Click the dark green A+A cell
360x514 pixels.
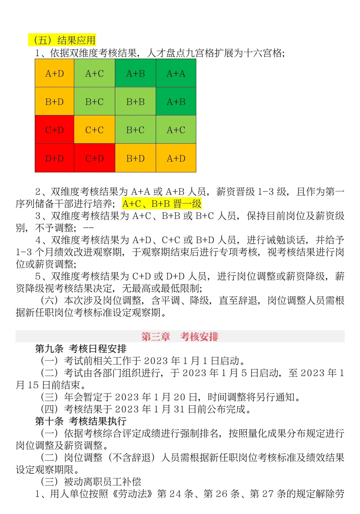point(176,73)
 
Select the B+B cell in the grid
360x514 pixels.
point(135,102)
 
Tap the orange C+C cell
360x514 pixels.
point(94,130)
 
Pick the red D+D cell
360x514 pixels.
point(54,158)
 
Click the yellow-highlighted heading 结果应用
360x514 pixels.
point(76,40)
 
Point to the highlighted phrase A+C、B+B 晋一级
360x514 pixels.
point(162,204)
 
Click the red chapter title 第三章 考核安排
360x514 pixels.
point(180,336)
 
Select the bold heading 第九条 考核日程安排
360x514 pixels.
point(81,349)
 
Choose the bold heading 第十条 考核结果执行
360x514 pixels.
point(81,421)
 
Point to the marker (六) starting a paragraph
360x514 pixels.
point(49,300)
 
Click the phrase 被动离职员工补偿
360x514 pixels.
point(103,482)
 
